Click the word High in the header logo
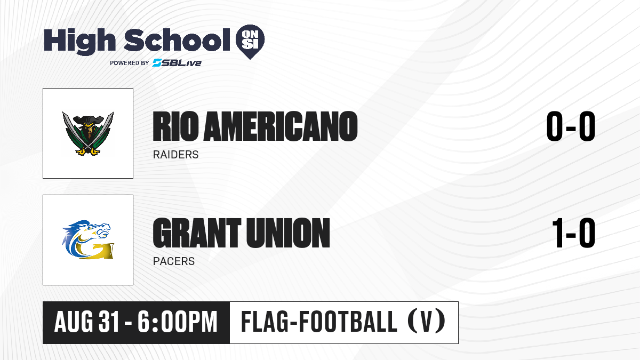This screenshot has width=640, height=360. (x=79, y=41)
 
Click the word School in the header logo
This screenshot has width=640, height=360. (x=177, y=40)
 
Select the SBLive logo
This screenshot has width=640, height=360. (x=177, y=62)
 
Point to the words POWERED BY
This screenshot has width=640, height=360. (x=130, y=63)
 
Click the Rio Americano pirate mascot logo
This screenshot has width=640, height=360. (x=88, y=133)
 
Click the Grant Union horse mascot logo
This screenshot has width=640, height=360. (x=88, y=239)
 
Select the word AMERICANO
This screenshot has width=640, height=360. (x=281, y=126)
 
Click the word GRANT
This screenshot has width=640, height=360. (x=197, y=233)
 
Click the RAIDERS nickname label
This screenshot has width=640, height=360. (x=175, y=155)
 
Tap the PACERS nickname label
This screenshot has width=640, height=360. (x=174, y=261)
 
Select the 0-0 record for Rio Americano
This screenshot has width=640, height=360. (x=571, y=126)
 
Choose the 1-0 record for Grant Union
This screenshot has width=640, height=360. (x=573, y=233)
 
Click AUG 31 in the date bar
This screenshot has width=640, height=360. (x=86, y=322)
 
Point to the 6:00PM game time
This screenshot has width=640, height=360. (x=178, y=322)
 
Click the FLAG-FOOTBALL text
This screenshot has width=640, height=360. (x=319, y=322)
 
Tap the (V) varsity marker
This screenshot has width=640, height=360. (x=426, y=322)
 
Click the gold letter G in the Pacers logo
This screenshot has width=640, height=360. (x=94, y=250)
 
